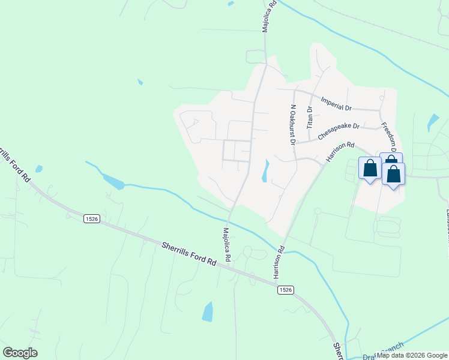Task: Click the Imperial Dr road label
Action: click(x=336, y=104)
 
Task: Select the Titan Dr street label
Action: click(x=310, y=118)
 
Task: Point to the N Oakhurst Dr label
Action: click(x=293, y=125)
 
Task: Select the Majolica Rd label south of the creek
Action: click(x=227, y=243)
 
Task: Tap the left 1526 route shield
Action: click(x=91, y=218)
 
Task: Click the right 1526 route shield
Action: click(x=285, y=290)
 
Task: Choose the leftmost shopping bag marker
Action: click(x=370, y=167)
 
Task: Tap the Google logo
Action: click(x=20, y=353)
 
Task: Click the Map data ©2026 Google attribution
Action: click(x=412, y=355)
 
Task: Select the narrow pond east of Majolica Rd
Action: click(x=265, y=171)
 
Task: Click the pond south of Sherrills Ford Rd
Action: click(x=208, y=311)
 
